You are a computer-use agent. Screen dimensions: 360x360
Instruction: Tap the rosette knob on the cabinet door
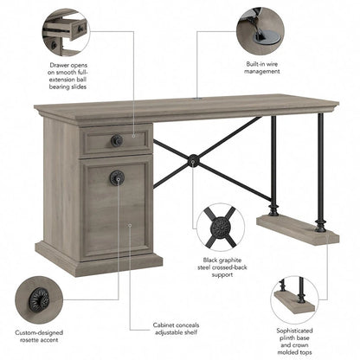[x=115, y=177]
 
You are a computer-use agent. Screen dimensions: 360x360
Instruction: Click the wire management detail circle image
[x=260, y=30]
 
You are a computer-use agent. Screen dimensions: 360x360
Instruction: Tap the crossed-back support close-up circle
[x=220, y=228]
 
